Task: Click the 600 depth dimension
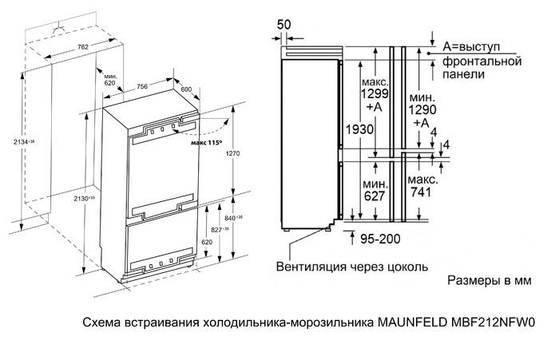(x=187, y=89)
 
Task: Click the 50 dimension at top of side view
(x=283, y=24)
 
